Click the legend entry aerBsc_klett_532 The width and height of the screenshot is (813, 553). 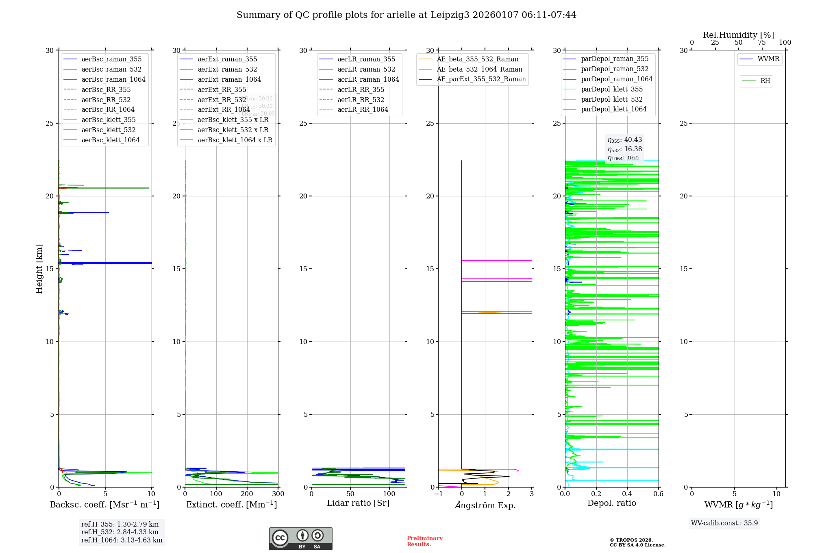tap(108, 130)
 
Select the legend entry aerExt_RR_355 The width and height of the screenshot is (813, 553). tap(222, 90)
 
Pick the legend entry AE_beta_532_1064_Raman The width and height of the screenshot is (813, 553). tap(479, 70)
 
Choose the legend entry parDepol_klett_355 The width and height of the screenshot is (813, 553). tap(611, 89)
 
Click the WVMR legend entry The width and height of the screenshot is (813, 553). tap(768, 59)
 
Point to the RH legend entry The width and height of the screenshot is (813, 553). tap(765, 81)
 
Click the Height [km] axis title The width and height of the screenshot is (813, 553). tap(39, 269)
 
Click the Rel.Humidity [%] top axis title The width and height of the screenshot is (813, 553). tap(738, 35)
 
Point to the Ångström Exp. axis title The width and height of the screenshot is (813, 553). tap(485, 505)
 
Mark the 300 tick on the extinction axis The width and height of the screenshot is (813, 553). tap(278, 494)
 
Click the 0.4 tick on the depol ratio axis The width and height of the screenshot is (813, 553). tap(627, 494)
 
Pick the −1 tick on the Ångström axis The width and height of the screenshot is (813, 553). tap(438, 494)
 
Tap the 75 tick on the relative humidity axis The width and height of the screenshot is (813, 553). tap(762, 43)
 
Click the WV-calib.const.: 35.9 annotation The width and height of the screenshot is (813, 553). tap(724, 523)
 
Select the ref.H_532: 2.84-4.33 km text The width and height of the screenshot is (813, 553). tap(120, 532)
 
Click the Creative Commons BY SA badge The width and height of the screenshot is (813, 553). tap(300, 539)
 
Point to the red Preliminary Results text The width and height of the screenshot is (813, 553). tap(424, 541)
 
